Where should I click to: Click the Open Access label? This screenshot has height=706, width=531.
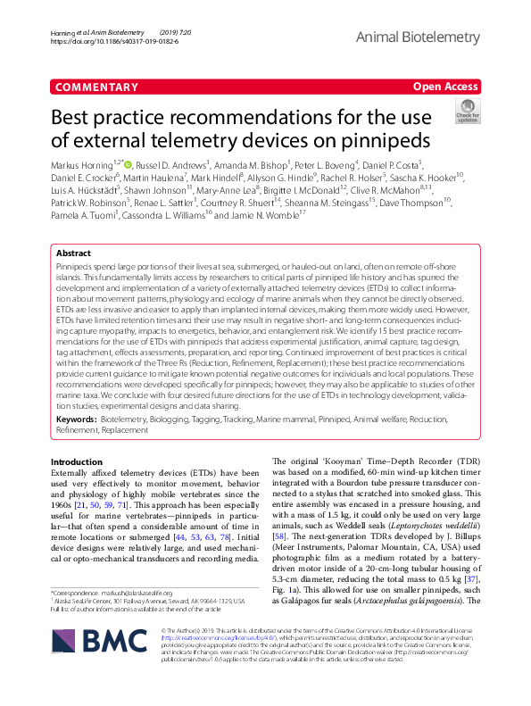coord(446,87)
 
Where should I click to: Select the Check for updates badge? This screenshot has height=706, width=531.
coord(467,111)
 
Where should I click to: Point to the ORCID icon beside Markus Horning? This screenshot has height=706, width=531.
coord(129,164)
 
